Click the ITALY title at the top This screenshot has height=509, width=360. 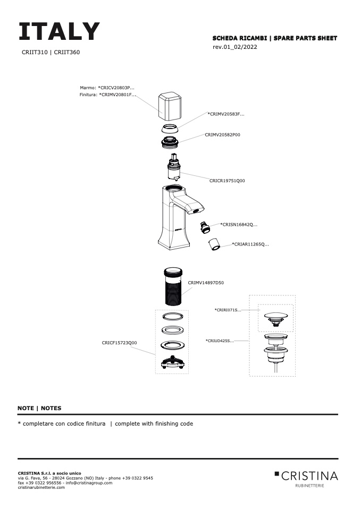pyautogui.click(x=59, y=32)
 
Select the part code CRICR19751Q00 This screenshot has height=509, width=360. pyautogui.click(x=227, y=181)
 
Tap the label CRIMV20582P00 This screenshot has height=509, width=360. pyautogui.click(x=222, y=135)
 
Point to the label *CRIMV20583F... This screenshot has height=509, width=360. pyautogui.click(x=225, y=114)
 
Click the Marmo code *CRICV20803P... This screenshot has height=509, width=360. pyautogui.click(x=107, y=88)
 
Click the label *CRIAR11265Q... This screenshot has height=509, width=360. pyautogui.click(x=250, y=244)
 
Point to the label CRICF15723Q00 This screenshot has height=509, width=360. pyautogui.click(x=119, y=343)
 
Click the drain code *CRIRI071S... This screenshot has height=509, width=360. pyautogui.click(x=228, y=309)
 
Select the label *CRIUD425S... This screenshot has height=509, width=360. pyautogui.click(x=219, y=341)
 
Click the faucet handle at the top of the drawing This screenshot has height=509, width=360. pyautogui.click(x=171, y=106)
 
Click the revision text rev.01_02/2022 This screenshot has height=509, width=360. pyautogui.click(x=234, y=47)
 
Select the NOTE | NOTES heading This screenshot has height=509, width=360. pyautogui.click(x=39, y=408)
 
